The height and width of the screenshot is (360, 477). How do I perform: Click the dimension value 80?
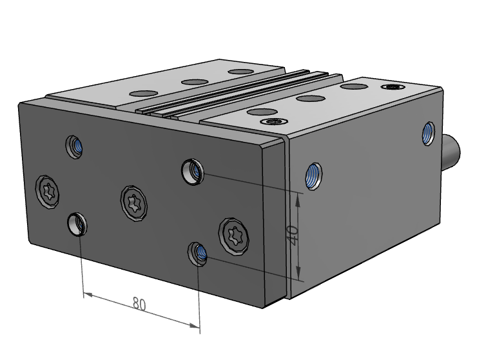click(139, 303)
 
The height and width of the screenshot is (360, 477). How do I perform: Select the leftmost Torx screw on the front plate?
click(49, 192)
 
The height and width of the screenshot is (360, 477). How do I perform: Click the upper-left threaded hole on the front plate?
click(75, 146)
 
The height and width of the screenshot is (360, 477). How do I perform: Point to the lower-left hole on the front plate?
click(77, 224)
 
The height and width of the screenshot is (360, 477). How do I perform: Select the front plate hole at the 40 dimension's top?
click(191, 170)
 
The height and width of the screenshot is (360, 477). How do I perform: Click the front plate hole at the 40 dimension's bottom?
click(198, 253)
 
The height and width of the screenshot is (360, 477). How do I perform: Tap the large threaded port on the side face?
click(314, 175)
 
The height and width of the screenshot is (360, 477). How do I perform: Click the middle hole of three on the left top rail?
click(193, 82)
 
